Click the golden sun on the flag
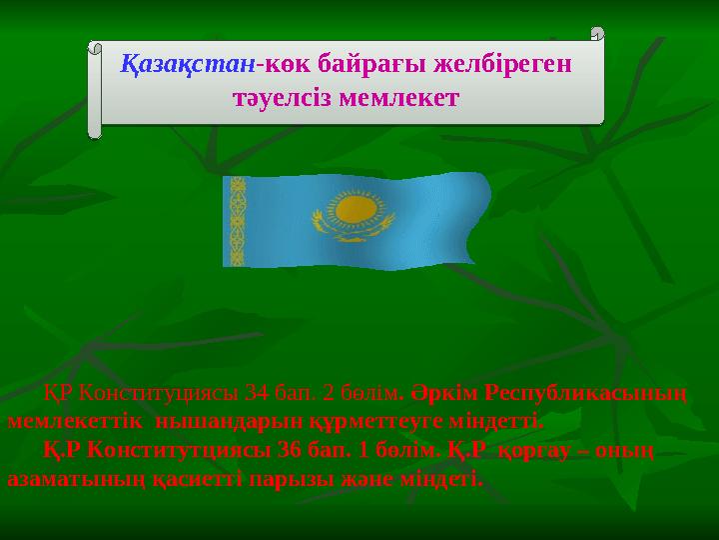pyautogui.click(x=354, y=209)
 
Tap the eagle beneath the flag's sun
pyautogui.click(x=354, y=233)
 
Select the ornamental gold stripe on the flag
pyautogui.click(x=238, y=221)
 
